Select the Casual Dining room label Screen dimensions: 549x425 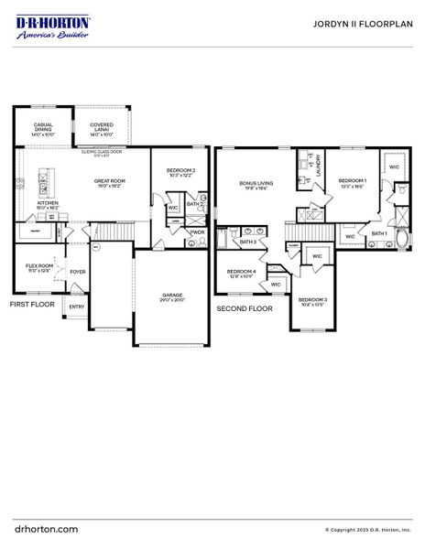point(43,129)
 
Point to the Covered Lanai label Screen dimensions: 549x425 point(101,129)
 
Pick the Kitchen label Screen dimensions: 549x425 point(48,205)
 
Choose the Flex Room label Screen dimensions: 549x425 point(38,267)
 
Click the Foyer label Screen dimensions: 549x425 point(78,272)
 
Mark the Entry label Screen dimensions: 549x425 point(75,307)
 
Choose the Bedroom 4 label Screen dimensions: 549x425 point(241,273)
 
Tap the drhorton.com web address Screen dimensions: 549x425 point(47,529)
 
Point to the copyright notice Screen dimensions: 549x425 point(368,530)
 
